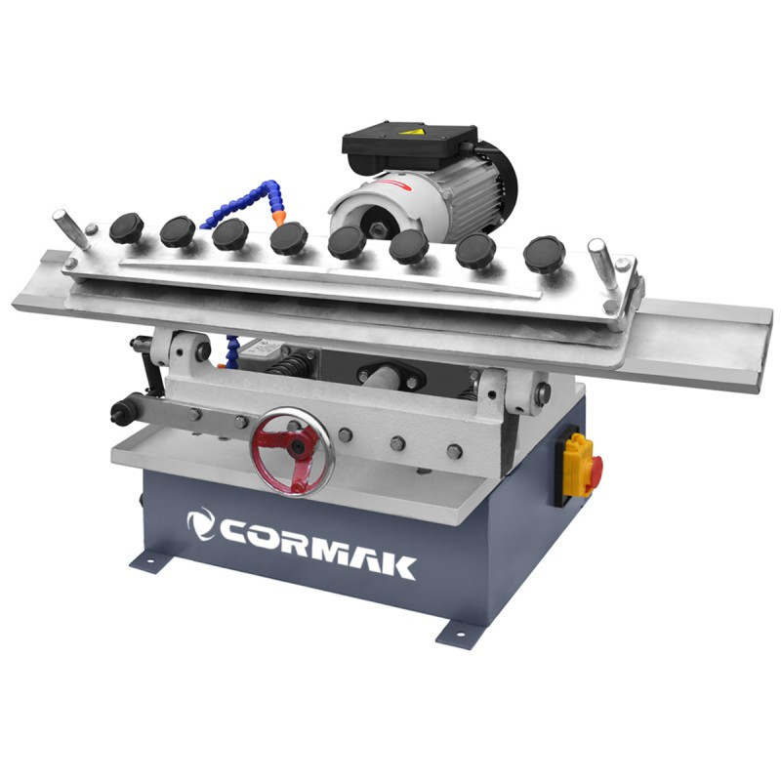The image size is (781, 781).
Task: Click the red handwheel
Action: tap(293, 451)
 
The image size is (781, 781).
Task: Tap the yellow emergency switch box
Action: tap(576, 468)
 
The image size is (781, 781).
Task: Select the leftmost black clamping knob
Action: tap(126, 228)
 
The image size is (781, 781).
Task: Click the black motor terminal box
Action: tap(408, 144)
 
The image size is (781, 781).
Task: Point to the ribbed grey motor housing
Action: tap(469, 195)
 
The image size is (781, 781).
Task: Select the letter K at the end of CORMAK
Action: tap(398, 564)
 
